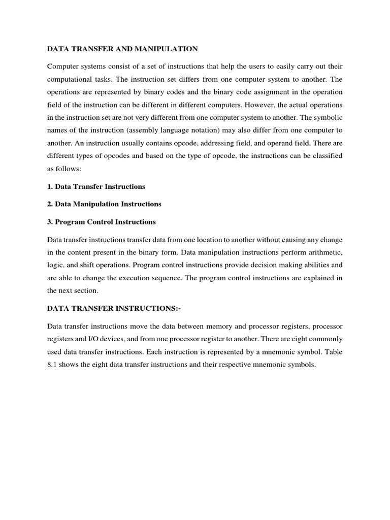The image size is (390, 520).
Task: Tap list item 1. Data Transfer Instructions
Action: tap(96, 186)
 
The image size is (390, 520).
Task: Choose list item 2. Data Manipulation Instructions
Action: tap(104, 204)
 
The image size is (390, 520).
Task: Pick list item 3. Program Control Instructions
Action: tap(102, 222)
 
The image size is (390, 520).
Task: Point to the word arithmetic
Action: tap(324, 252)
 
